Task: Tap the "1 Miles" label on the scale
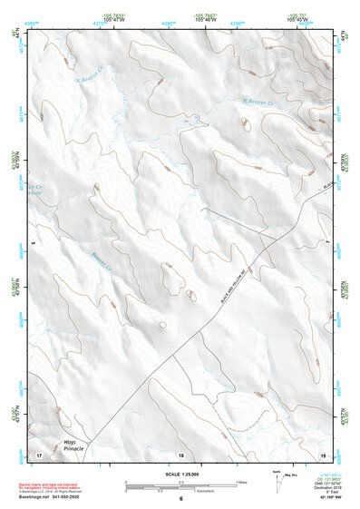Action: (x=240, y=481)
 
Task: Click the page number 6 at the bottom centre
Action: (x=180, y=498)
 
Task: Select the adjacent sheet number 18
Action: (x=180, y=455)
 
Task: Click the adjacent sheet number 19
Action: (x=321, y=454)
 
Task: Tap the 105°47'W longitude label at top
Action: (x=115, y=18)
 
